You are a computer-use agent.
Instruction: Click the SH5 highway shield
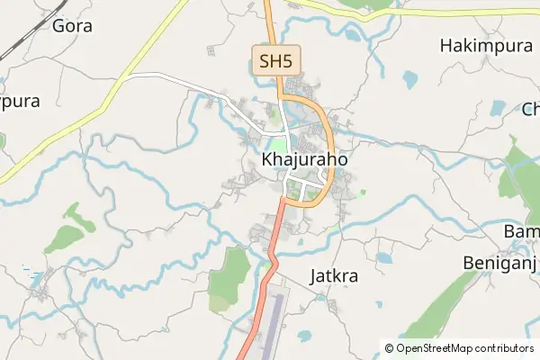(x=274, y=61)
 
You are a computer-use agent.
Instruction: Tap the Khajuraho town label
(x=304, y=159)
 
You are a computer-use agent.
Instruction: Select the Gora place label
(x=72, y=25)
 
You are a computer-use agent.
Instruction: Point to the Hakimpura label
(x=487, y=44)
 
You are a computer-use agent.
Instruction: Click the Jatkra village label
(x=333, y=276)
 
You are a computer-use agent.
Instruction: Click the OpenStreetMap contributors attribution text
(x=464, y=347)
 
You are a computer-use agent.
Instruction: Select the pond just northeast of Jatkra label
(x=384, y=258)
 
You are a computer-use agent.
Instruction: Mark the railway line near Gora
(x=18, y=40)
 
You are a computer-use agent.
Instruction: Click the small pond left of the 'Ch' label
(x=498, y=109)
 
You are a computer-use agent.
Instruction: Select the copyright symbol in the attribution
(x=389, y=347)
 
